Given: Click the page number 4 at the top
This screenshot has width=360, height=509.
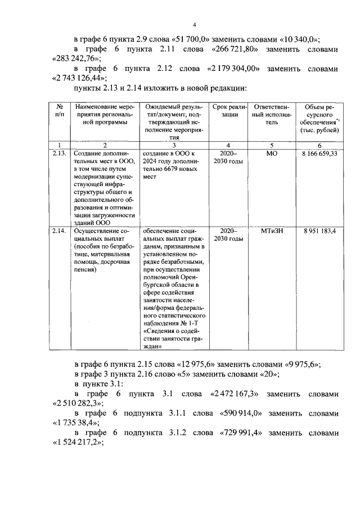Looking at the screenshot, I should point(194,24).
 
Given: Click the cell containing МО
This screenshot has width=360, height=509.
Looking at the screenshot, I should point(271,154).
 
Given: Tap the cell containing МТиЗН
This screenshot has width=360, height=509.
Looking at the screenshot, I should point(271,232).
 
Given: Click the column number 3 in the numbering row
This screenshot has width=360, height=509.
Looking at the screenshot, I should point(174,145).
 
